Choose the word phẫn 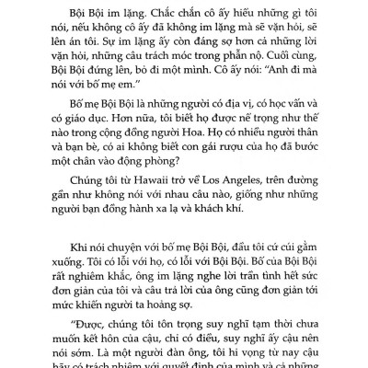pyautogui.click(x=247, y=60)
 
